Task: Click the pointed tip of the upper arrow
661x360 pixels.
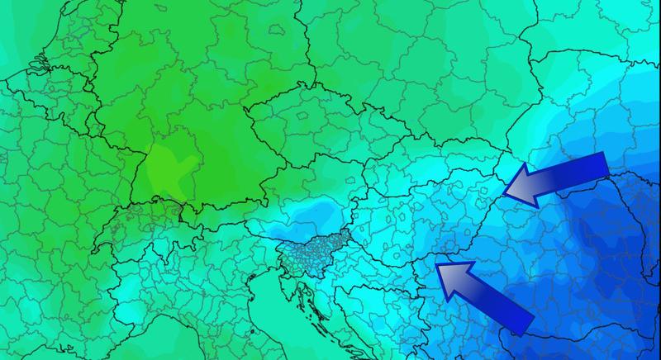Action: coord(506,192)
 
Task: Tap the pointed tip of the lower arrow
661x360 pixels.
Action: coord(438,267)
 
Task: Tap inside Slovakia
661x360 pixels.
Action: coord(413,169)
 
